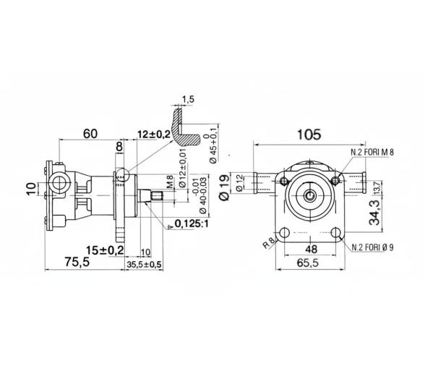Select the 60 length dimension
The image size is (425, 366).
(x=90, y=134)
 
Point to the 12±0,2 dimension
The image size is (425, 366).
(x=153, y=135)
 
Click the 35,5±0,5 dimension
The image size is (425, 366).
(x=144, y=265)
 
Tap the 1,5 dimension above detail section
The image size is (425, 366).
(x=189, y=99)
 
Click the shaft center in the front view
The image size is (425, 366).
(x=310, y=195)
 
